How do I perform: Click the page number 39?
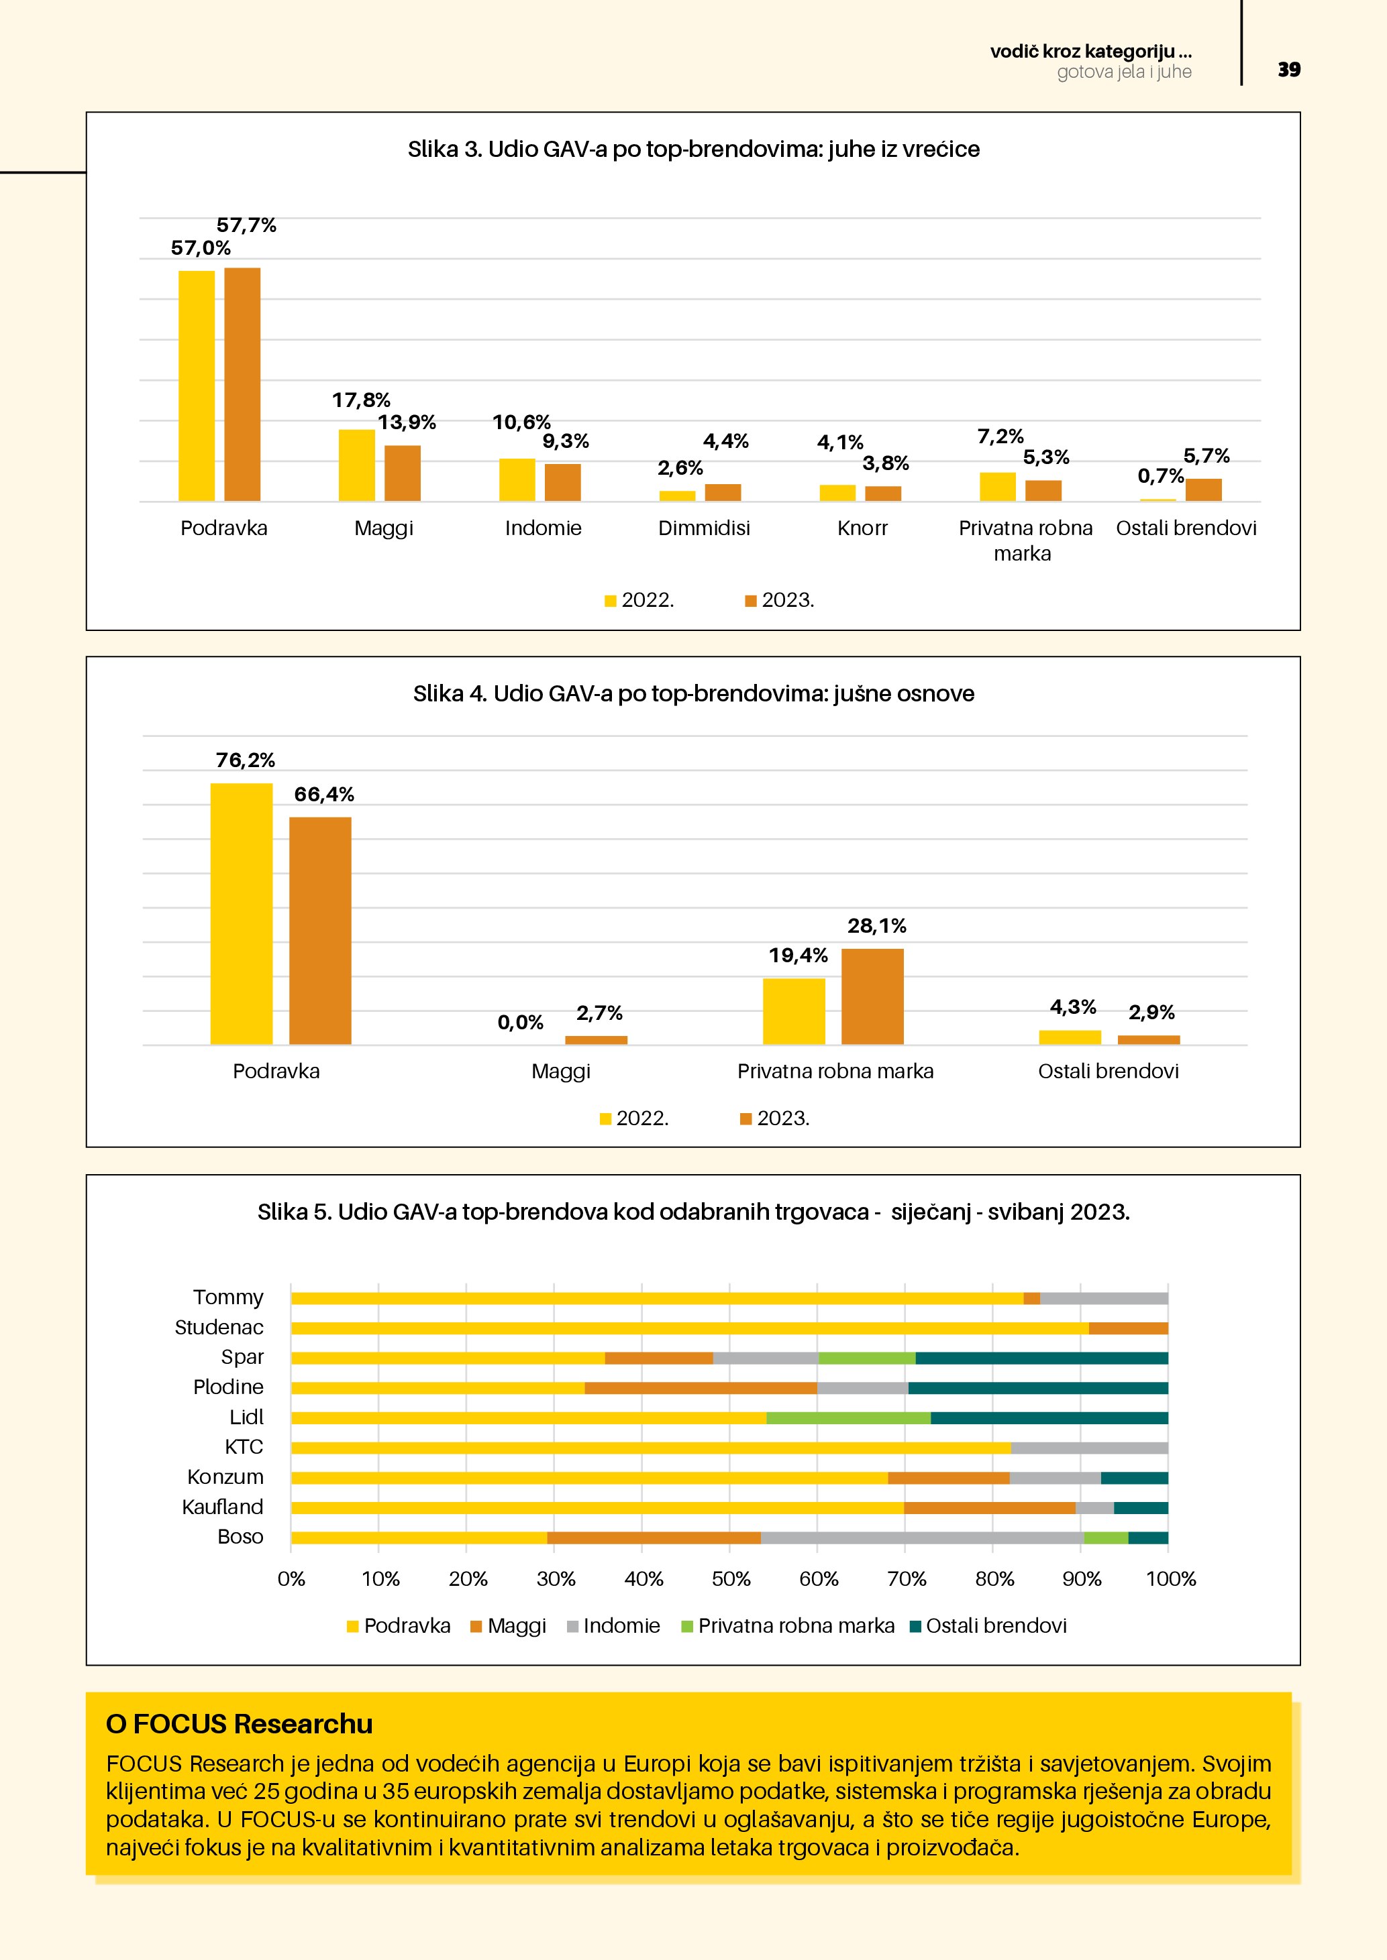[1288, 70]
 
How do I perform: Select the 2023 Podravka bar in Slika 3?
[242, 384]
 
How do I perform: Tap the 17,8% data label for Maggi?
[360, 400]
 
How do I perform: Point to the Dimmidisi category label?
[704, 528]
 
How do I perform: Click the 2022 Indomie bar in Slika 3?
[517, 479]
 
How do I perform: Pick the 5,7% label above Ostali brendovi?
[1206, 456]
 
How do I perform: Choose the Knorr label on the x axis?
[862, 528]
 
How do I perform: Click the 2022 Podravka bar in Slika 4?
[242, 913]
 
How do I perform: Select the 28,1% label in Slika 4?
[876, 926]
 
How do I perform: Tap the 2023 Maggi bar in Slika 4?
[596, 1040]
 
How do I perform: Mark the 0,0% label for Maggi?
[520, 1022]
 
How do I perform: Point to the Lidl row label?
[246, 1417]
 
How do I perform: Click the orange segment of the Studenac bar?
[1127, 1328]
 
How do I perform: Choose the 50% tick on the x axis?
[731, 1579]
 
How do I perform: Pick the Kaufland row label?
[222, 1507]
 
